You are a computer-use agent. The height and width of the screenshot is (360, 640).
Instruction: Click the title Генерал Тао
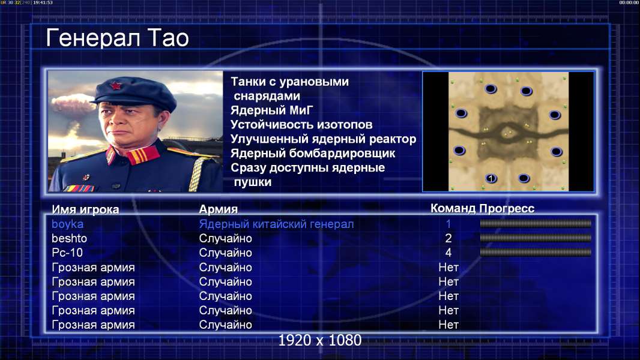117,38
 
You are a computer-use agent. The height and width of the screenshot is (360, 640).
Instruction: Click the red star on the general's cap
115,86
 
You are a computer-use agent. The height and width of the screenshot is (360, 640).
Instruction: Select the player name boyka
67,224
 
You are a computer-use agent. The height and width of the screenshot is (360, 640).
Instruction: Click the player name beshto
69,239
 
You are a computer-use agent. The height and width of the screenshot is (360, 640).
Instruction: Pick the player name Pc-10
67,253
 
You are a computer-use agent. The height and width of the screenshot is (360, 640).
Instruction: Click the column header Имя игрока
85,209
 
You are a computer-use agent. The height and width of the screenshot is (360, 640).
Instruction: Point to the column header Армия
218,209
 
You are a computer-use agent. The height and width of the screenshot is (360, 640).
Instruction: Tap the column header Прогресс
507,209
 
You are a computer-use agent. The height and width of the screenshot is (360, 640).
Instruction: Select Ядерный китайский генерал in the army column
276,224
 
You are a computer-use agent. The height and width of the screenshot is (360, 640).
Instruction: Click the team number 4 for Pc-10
448,253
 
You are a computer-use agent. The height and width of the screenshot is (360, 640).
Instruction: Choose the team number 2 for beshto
448,239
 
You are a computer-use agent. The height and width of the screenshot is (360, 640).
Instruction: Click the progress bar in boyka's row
536,223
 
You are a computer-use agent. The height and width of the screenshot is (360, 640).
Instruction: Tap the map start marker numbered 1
491,178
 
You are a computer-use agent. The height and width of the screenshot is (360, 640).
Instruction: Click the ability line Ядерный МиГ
271,110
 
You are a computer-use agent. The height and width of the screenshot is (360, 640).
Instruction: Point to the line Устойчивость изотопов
301,125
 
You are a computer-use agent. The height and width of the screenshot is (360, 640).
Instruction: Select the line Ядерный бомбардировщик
313,153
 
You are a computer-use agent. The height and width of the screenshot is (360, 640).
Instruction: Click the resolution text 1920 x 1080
319,340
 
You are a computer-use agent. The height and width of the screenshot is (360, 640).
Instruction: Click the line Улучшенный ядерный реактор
323,139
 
